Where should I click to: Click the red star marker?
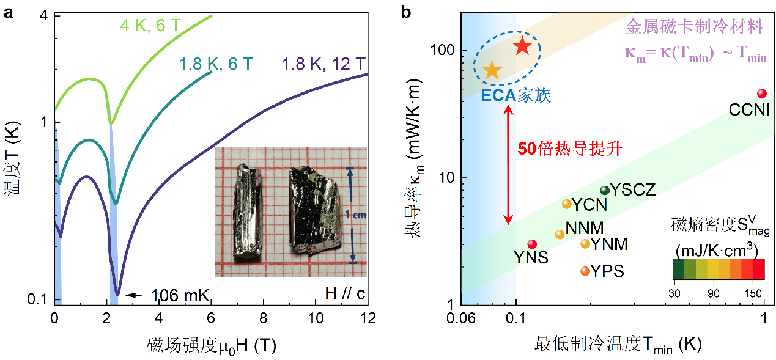click(522, 46)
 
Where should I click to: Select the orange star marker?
click(492, 70)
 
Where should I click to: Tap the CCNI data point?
click(761, 93)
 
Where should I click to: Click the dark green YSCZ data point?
click(604, 190)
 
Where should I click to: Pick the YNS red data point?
click(532, 244)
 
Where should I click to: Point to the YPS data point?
click(585, 271)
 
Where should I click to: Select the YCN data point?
click(566, 204)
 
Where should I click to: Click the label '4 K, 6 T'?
click(147, 26)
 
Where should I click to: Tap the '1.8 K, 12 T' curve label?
click(324, 64)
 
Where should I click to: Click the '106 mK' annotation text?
click(179, 296)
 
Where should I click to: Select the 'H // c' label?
click(345, 295)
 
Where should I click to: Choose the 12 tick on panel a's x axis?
click(368, 318)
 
